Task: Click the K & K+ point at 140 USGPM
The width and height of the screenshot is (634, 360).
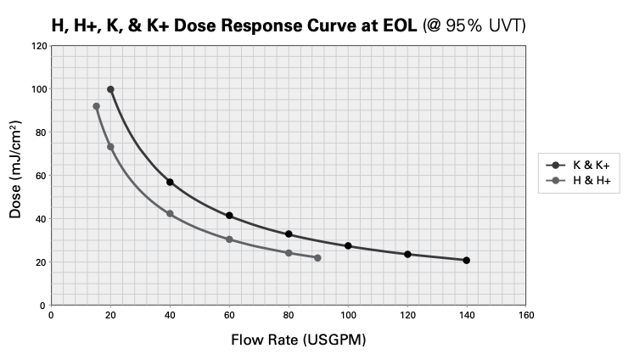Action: click(x=466, y=261)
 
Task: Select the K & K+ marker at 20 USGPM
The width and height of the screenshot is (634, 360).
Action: click(x=110, y=89)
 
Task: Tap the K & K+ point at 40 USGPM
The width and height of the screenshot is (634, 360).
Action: click(x=170, y=183)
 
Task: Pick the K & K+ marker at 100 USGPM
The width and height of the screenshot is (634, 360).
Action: click(x=348, y=246)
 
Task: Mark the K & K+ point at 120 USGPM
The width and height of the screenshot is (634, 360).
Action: click(x=407, y=255)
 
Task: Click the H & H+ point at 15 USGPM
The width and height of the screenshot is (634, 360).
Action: click(x=96, y=106)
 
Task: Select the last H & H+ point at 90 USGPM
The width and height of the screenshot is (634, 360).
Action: click(x=317, y=258)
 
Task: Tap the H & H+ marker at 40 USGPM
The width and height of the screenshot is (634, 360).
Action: click(x=170, y=214)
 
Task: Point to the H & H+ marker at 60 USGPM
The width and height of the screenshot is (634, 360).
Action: click(x=229, y=239)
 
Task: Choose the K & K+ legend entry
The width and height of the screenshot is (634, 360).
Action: click(x=578, y=165)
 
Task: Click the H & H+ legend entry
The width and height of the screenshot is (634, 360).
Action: click(x=578, y=180)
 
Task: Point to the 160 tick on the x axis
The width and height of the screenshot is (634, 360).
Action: click(x=526, y=315)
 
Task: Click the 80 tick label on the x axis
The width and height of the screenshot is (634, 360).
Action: click(x=289, y=315)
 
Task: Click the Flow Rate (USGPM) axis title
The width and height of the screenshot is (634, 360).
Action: click(x=299, y=340)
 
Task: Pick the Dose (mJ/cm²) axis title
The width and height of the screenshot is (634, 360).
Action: click(x=15, y=170)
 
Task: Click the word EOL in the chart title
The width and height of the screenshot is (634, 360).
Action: click(x=400, y=25)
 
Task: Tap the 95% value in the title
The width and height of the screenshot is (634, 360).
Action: click(x=463, y=25)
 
